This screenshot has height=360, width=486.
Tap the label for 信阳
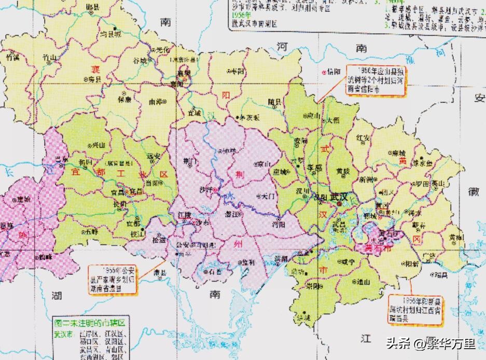point(334,72)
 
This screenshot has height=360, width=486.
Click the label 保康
point(124,99)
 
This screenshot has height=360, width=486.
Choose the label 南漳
point(157,102)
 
